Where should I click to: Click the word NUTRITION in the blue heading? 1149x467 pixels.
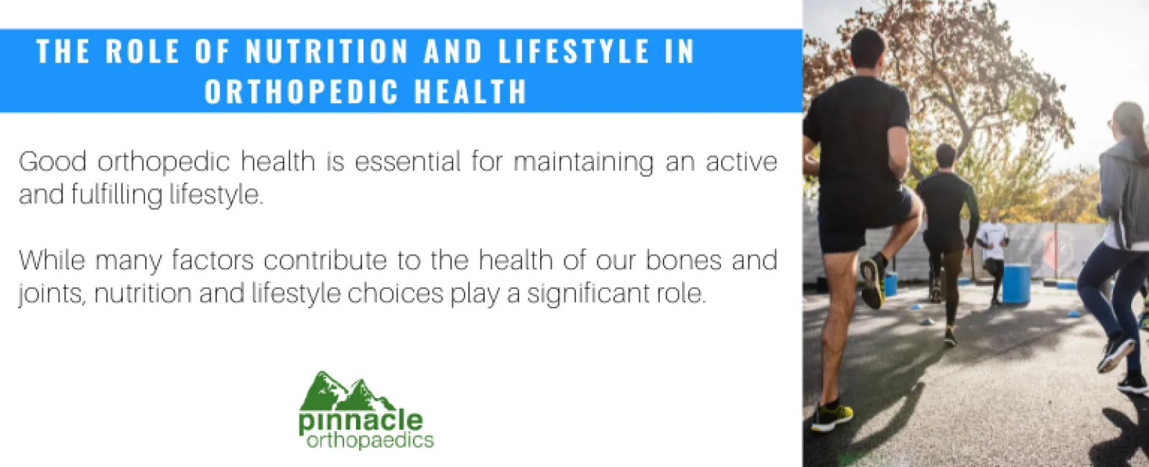coord(327,52)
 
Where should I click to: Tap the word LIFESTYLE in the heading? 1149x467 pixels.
coord(574,52)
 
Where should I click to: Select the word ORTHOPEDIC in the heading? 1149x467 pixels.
coord(302,92)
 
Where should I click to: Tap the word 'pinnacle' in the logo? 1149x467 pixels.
coord(360,420)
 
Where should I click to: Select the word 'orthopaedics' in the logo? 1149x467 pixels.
coord(370,440)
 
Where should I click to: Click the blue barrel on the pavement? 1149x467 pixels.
coord(1015,283)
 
